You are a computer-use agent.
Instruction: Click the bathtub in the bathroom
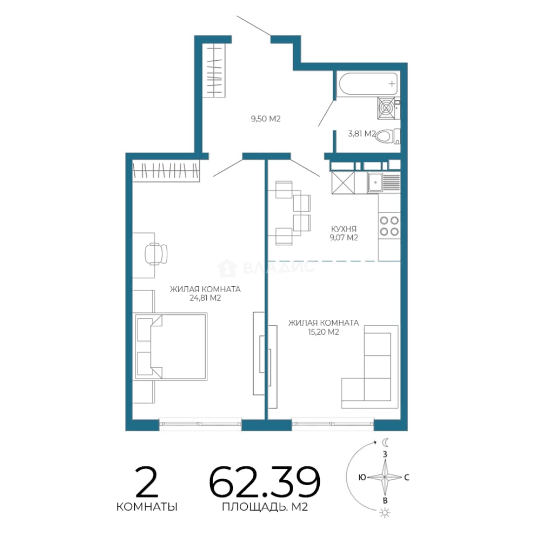367,83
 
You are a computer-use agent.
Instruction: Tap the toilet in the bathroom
387,137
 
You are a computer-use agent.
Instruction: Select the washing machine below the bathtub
386,108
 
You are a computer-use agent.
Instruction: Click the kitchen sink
383,183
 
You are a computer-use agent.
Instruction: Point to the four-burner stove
389,226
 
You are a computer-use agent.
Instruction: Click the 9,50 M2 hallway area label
266,118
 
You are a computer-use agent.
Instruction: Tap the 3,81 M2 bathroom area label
361,134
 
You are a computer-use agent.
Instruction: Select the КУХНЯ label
343,229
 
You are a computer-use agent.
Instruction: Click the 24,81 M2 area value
205,298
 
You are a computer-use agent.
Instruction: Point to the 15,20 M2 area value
323,332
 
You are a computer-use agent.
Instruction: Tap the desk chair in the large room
156,254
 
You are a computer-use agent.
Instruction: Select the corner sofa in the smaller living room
370,367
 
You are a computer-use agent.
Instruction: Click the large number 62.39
265,482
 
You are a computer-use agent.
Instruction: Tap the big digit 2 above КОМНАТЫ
147,482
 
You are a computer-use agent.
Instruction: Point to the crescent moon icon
385,442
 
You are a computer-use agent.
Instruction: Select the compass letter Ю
362,477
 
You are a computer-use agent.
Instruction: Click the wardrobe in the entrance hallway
214,71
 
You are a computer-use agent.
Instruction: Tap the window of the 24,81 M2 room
200,424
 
